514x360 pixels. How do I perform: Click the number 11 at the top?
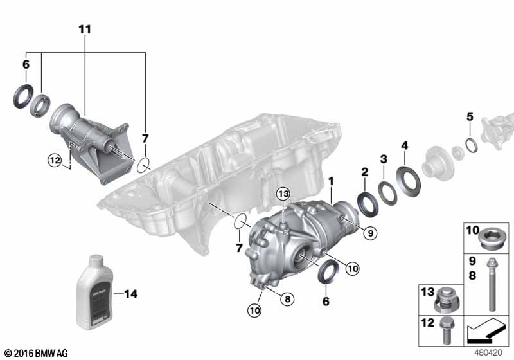85,30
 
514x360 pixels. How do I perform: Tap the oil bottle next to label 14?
94,291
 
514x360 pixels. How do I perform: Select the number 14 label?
130,295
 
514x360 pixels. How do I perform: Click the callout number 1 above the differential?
331,182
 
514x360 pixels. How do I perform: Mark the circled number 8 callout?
287,298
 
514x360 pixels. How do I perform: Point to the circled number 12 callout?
55,159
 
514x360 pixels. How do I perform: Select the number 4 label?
405,145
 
